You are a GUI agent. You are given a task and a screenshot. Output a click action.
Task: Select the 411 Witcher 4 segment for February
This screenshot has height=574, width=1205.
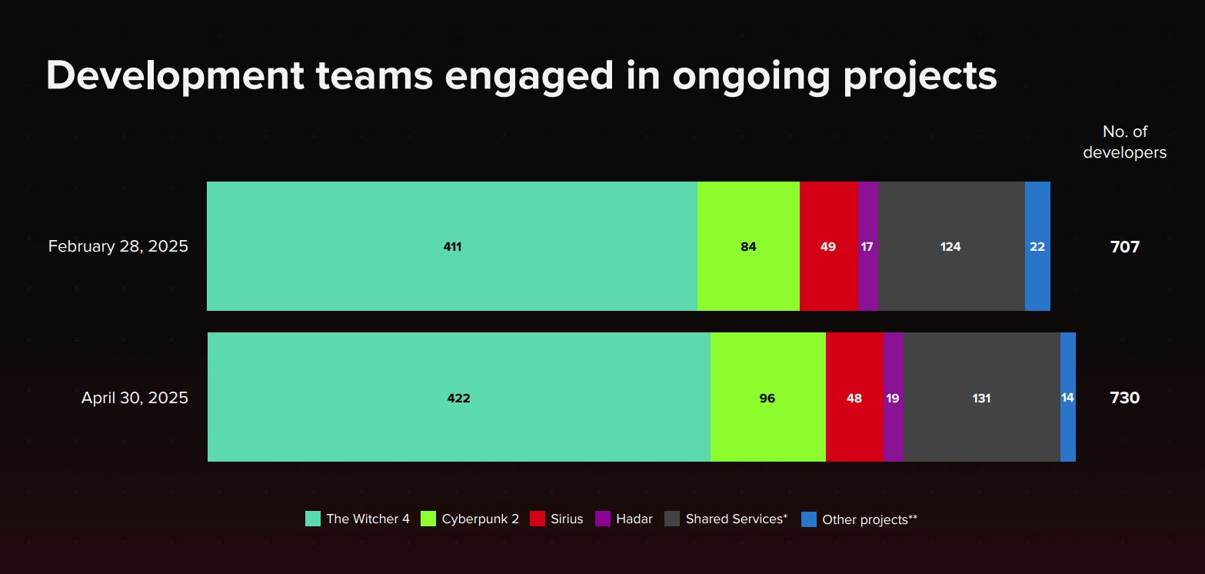coord(452,247)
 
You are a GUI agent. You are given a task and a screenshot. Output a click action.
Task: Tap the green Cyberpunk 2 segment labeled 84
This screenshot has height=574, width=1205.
coord(748,247)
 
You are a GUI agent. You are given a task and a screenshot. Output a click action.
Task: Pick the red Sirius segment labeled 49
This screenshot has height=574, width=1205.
coord(828,247)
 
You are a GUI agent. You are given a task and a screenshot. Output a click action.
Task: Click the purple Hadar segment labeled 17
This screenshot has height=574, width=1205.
coord(867,247)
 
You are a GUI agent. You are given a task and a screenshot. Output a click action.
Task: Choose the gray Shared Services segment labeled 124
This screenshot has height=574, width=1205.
coord(950,247)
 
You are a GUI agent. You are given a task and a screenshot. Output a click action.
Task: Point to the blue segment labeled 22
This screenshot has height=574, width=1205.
coord(1037,247)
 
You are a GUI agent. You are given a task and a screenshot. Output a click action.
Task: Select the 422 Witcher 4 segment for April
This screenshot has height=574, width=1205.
coord(458,398)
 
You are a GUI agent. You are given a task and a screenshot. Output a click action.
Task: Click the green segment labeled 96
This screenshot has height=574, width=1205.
coord(767,398)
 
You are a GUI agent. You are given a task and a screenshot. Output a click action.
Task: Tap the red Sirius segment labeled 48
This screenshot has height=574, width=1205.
coord(854,398)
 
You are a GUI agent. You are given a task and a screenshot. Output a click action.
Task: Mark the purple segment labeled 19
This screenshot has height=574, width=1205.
coord(893,398)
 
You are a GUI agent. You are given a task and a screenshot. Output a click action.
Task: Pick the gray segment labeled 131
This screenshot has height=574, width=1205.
coord(981,398)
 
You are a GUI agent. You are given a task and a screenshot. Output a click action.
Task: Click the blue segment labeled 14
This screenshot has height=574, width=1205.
coord(1067,398)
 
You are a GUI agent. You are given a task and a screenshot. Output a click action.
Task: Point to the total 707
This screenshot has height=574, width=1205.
coord(1124,247)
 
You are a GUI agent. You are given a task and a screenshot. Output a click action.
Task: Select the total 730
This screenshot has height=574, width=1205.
coord(1124,398)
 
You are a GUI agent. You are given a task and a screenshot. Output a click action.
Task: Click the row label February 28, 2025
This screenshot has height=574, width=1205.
coord(118,247)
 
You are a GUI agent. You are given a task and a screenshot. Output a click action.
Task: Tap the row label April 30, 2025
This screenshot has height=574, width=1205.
coord(135,398)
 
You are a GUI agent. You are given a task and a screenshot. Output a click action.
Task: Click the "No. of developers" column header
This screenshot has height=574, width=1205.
coord(1124,142)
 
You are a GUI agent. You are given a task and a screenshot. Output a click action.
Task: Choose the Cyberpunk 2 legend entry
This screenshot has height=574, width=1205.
coord(471,519)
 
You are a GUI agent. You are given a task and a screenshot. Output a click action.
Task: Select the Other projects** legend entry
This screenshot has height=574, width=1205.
coord(860,519)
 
